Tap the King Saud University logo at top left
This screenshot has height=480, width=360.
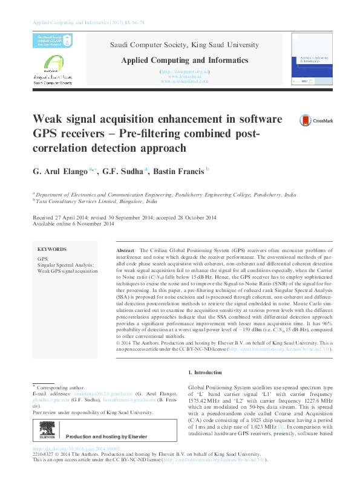(x=47, y=41)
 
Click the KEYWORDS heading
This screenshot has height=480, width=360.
(x=52, y=249)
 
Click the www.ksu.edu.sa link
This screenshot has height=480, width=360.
(x=185, y=76)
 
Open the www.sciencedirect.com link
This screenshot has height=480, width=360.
(x=185, y=81)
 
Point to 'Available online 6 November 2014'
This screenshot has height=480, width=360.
(x=73, y=224)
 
